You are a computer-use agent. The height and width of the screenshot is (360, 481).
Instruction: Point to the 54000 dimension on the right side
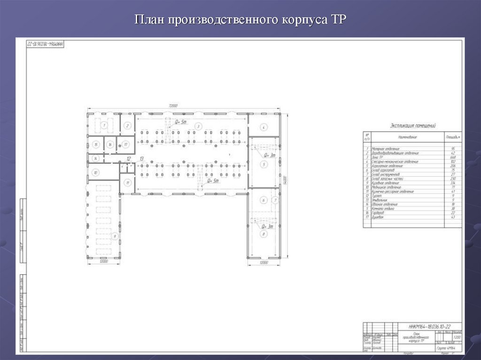click(x=285, y=179)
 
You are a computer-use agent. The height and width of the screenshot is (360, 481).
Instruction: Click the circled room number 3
click(x=198, y=126)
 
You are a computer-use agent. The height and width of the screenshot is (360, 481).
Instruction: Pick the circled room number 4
click(x=264, y=127)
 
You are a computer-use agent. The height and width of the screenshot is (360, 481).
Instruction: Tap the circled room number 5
click(x=264, y=164)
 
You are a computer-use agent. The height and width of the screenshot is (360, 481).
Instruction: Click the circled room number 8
click(x=264, y=233)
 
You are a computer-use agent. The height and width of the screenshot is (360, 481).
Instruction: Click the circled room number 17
click(x=125, y=144)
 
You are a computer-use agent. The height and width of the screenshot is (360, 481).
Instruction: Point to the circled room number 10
click(x=95, y=172)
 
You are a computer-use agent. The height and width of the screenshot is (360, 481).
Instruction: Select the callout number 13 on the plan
click(x=141, y=160)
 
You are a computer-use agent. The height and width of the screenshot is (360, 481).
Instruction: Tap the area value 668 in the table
click(x=453, y=157)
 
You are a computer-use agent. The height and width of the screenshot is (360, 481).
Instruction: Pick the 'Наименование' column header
click(x=408, y=137)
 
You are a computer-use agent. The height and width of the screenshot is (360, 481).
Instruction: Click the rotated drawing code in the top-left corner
click(x=45, y=43)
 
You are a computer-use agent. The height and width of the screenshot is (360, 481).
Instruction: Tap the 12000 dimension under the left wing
click(x=104, y=261)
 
